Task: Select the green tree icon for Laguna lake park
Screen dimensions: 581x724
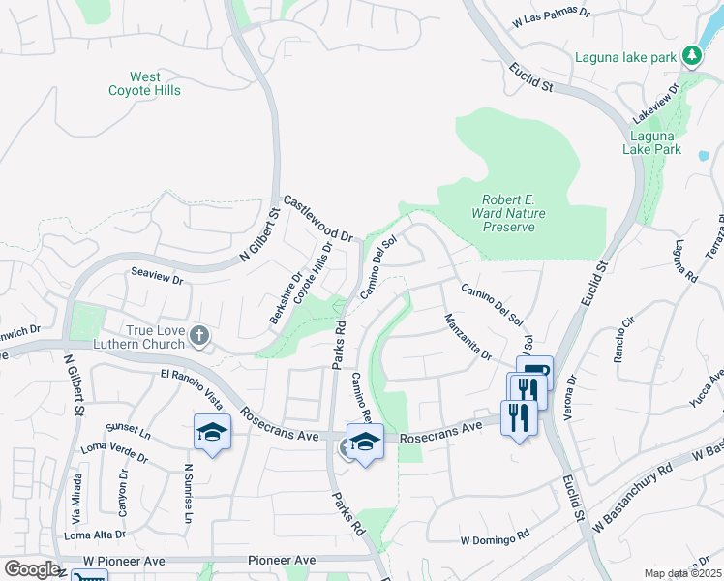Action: [x=691, y=57]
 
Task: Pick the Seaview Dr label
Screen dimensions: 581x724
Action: [x=157, y=277]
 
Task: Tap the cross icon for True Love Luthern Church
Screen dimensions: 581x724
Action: [x=198, y=336]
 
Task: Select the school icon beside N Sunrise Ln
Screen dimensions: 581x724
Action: [x=212, y=433]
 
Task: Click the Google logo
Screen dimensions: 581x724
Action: [x=31, y=569]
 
